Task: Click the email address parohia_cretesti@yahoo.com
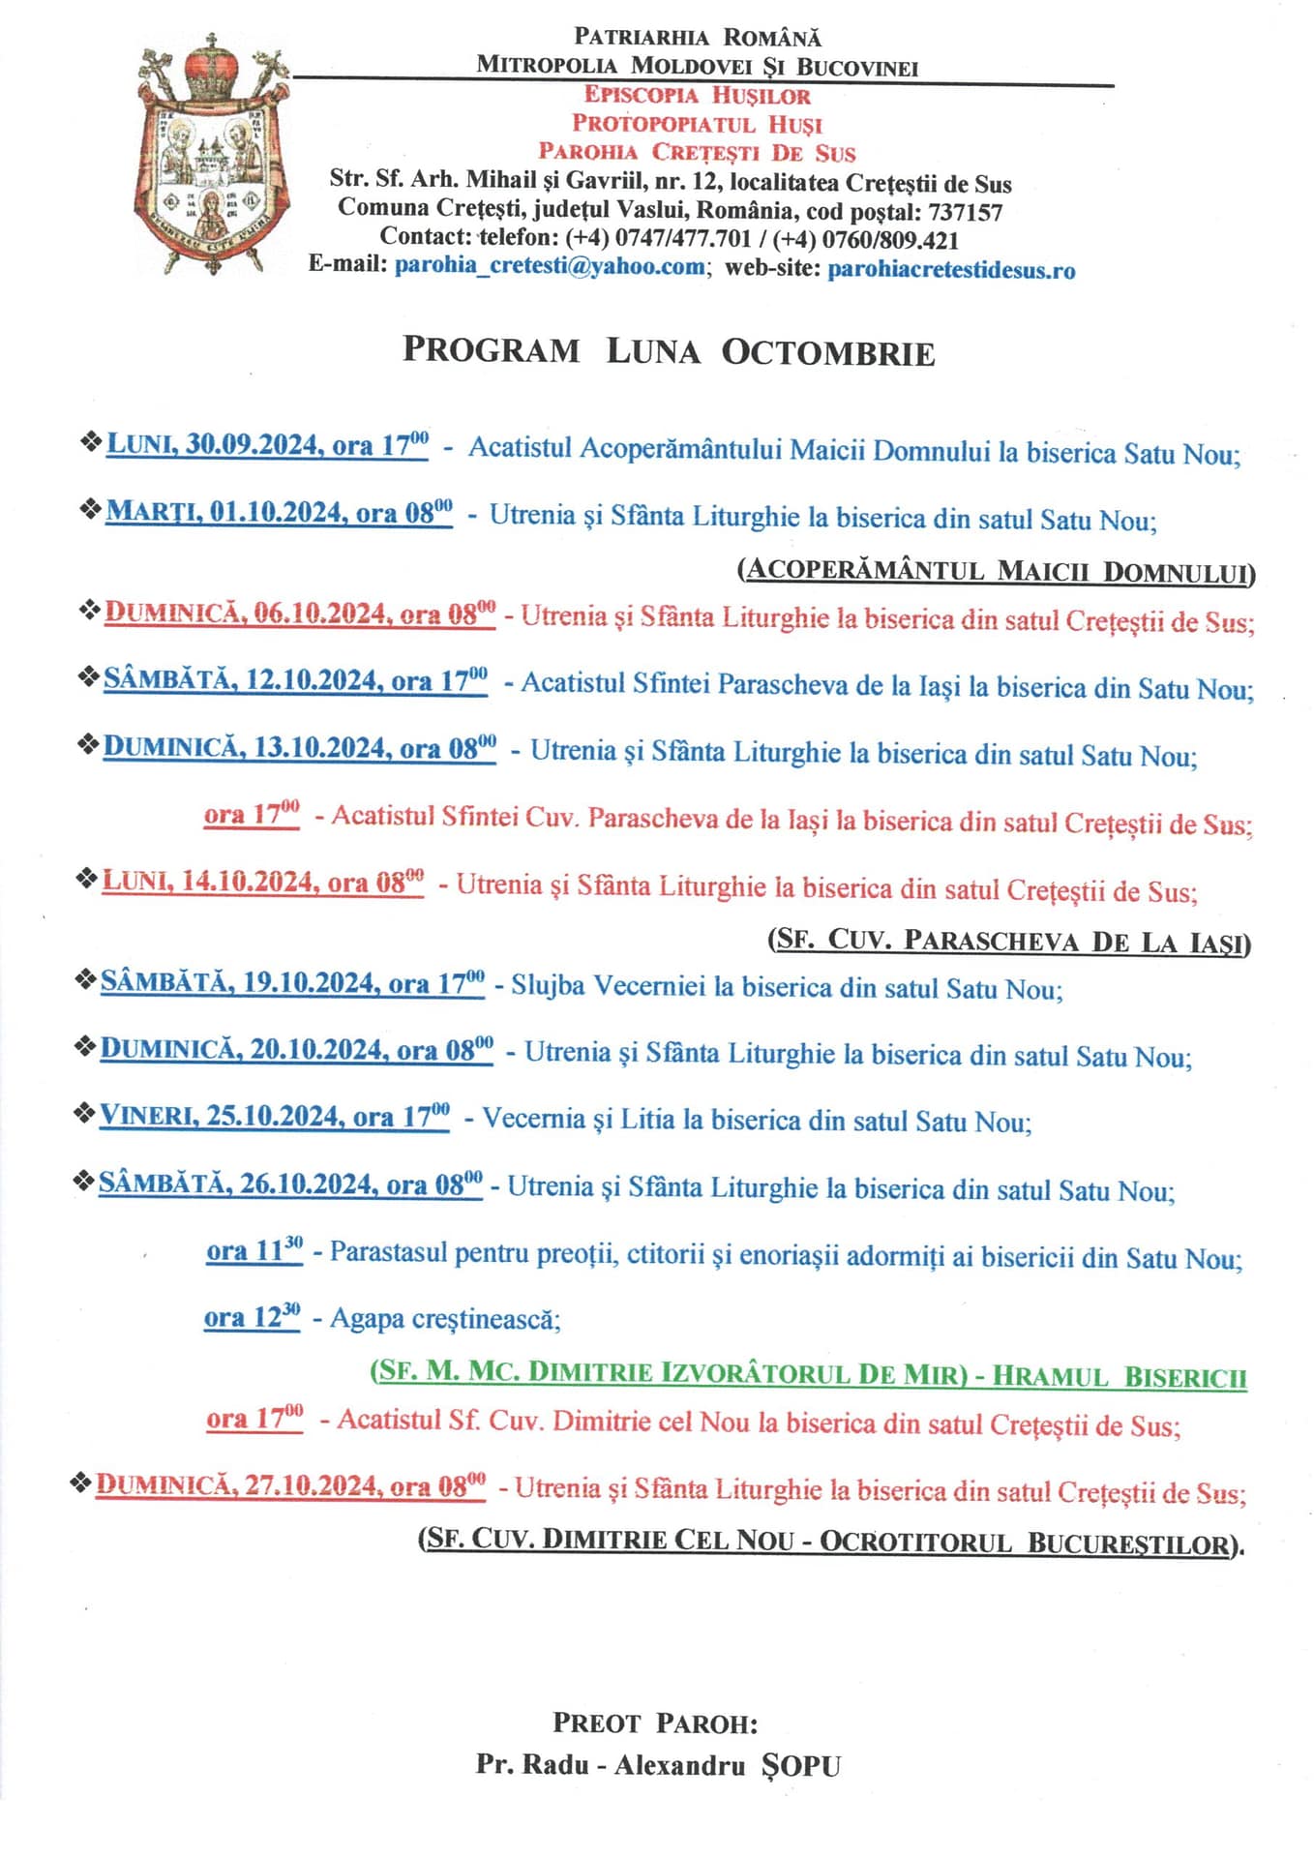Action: coord(549,266)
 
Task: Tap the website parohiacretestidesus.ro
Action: coord(951,269)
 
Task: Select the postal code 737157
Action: coord(965,212)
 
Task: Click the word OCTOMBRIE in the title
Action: coord(827,352)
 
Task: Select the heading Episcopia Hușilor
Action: coord(697,95)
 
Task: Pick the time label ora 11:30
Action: coord(254,1250)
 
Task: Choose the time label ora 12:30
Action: coord(252,1317)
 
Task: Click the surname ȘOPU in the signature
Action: coord(801,1765)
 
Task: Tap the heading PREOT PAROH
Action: coord(655,1723)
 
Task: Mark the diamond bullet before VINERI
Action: coord(84,1114)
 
